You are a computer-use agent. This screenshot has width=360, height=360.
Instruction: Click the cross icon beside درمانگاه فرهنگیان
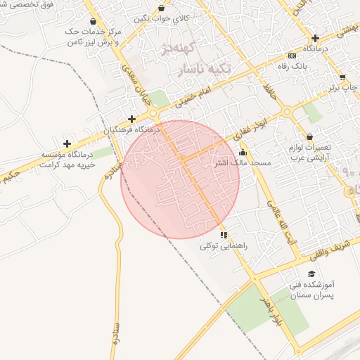click(x=131, y=119)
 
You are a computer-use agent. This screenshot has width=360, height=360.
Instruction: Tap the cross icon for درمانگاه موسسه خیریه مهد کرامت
click(x=67, y=143)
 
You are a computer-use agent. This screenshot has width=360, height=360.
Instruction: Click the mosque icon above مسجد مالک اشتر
click(x=243, y=153)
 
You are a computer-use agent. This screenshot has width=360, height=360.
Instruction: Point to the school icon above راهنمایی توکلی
click(x=224, y=235)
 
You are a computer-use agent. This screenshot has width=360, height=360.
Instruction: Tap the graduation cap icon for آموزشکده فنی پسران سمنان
click(x=311, y=274)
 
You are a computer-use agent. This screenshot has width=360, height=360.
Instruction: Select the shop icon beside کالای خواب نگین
click(x=162, y=8)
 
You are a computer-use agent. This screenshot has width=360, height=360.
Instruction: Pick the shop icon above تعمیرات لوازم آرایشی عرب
click(x=310, y=136)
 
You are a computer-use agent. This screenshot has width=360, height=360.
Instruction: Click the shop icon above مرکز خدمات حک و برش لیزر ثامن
click(x=94, y=21)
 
